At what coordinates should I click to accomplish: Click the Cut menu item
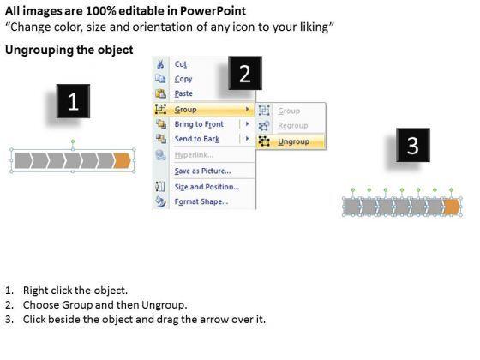click(x=181, y=64)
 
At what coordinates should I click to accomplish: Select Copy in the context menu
click(x=183, y=79)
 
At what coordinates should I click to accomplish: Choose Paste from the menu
click(x=183, y=93)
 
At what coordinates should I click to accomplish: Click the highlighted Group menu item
click(x=203, y=110)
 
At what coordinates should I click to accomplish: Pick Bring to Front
click(x=199, y=124)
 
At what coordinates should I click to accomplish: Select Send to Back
click(x=197, y=139)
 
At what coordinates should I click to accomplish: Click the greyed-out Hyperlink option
click(x=194, y=155)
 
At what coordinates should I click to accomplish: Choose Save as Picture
click(x=202, y=171)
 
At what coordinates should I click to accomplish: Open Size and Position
click(x=207, y=187)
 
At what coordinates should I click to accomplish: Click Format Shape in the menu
click(x=201, y=201)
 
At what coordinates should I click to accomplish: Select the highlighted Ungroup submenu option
click(x=291, y=141)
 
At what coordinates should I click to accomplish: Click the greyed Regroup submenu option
click(x=293, y=125)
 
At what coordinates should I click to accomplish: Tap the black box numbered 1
click(x=73, y=101)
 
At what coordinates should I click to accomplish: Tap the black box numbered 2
click(x=245, y=73)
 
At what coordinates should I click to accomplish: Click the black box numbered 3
click(x=413, y=145)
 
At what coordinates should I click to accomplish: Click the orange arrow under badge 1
click(x=122, y=160)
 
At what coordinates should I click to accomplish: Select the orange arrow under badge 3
click(x=452, y=207)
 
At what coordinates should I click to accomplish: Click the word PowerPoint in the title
click(x=213, y=11)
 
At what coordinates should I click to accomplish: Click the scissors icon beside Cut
click(x=160, y=64)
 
